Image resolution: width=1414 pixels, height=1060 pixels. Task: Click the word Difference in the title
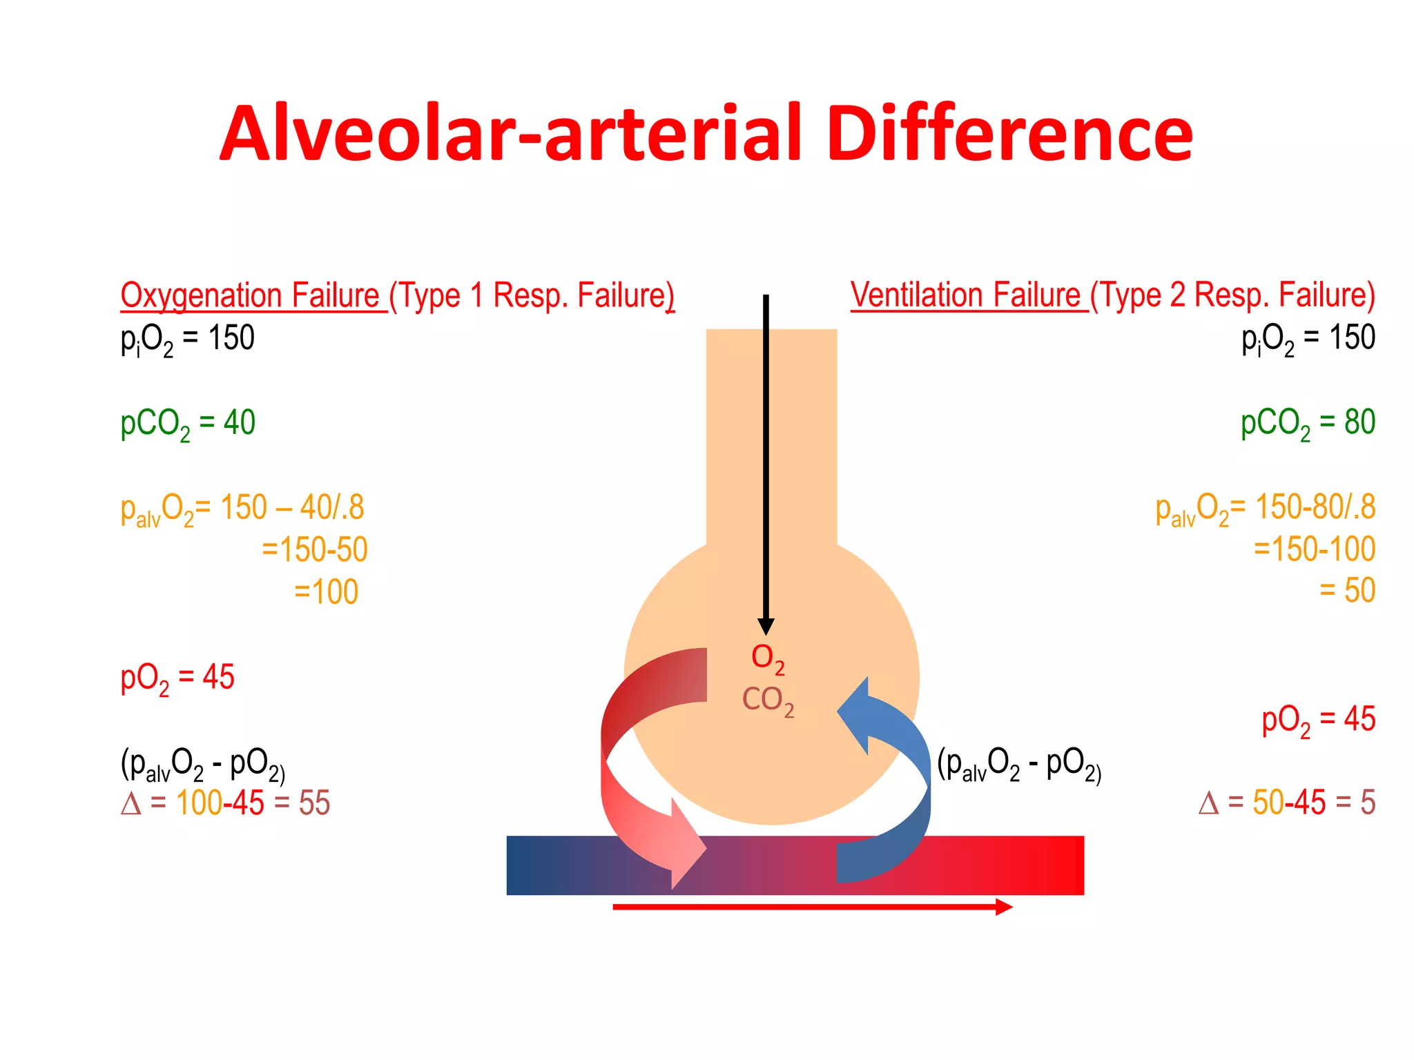[x=1009, y=134]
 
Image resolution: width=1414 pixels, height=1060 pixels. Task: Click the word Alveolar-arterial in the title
[x=510, y=134]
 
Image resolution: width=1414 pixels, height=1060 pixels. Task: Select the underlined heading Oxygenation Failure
[x=250, y=296]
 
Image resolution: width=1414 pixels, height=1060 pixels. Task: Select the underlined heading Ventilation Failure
[x=965, y=295]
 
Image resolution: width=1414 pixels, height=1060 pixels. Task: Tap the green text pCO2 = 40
[x=188, y=423]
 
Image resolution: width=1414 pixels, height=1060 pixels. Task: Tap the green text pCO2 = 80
[x=1308, y=423]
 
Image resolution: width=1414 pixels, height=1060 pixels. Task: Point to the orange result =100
[x=327, y=592]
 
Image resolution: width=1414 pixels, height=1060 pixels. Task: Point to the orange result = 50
[x=1347, y=591]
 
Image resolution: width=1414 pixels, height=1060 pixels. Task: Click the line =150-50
[x=315, y=550]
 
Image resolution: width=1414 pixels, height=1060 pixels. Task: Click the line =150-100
[x=1315, y=549]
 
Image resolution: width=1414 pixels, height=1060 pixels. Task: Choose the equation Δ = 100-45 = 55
[x=226, y=803]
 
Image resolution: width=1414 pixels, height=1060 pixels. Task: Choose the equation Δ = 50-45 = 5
[x=1287, y=803]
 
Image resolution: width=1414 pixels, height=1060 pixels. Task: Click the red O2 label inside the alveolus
[x=768, y=658]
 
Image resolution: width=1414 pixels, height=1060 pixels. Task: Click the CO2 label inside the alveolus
[x=768, y=700]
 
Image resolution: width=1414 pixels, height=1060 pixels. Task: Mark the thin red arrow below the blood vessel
[x=812, y=907]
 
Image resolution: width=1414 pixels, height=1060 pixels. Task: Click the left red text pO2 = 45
[x=177, y=678]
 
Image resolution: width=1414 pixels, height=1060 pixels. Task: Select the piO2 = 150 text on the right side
[x=1308, y=339]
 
